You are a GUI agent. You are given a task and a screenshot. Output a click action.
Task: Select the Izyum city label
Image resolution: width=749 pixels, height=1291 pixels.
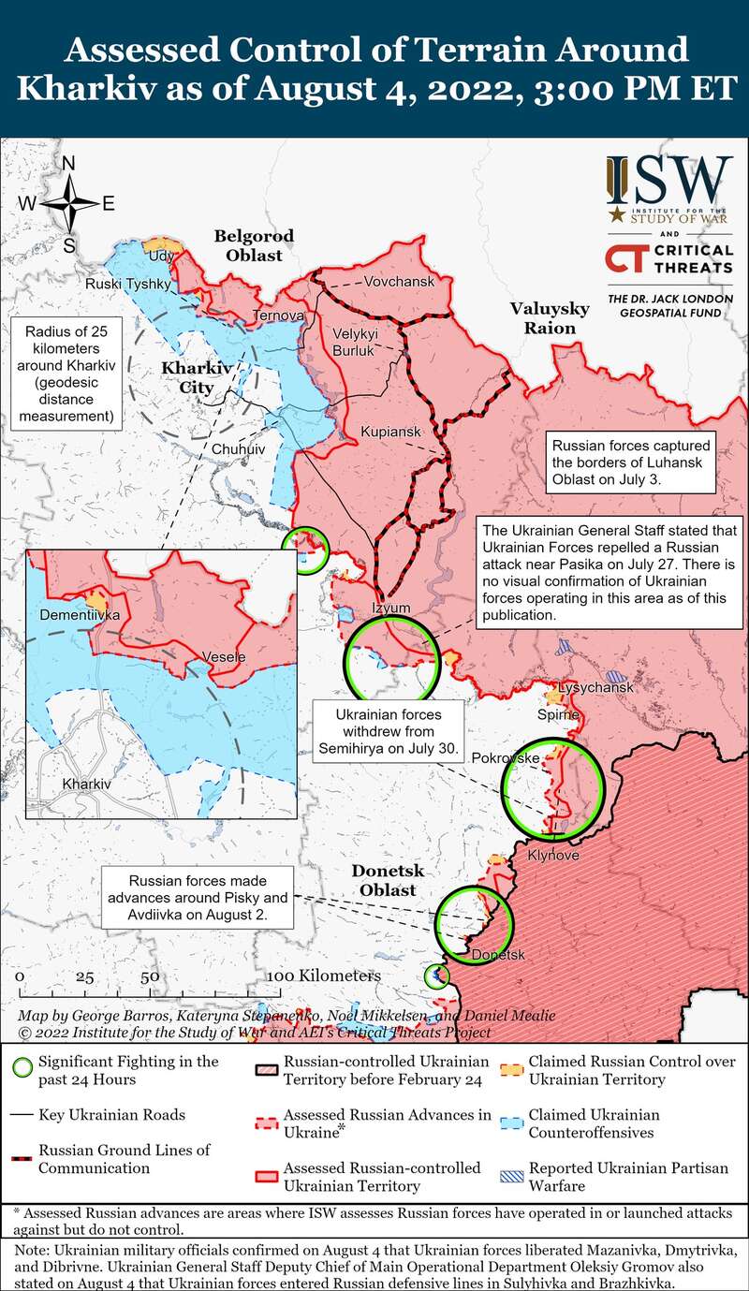tap(392, 608)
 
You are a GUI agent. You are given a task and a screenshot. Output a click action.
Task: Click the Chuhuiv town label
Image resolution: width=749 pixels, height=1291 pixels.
tap(239, 449)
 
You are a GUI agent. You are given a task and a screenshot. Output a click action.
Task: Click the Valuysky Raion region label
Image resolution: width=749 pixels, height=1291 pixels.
tap(550, 318)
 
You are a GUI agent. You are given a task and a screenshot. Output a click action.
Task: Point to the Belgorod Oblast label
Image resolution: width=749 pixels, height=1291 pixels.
tap(254, 245)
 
